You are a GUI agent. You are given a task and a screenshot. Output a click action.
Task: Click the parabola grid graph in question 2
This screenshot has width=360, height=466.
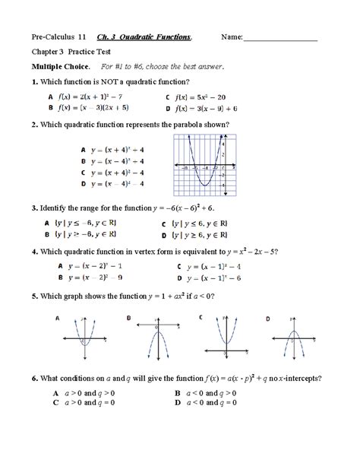pos(203,162)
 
